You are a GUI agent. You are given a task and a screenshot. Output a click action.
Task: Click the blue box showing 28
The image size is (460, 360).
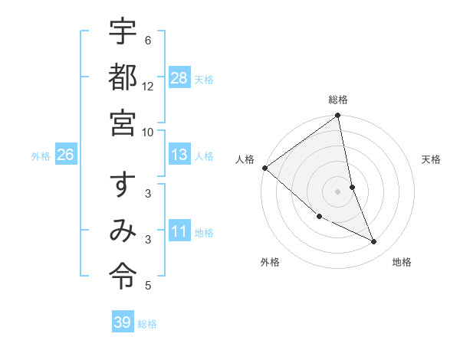179,77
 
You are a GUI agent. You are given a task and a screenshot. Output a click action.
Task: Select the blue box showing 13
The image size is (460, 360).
179,155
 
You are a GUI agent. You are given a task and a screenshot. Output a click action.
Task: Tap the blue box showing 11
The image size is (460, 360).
179,231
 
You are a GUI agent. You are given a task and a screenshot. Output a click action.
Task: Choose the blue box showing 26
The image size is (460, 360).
65,155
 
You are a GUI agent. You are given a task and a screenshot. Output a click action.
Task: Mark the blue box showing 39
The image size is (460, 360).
123,322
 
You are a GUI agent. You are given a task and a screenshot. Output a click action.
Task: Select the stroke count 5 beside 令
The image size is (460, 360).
148,286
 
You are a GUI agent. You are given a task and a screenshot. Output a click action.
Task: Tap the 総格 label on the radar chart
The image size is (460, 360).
338,100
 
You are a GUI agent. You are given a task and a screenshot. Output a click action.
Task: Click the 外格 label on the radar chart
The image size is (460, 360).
270,262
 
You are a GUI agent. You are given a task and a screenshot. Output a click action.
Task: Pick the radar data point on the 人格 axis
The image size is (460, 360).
264,168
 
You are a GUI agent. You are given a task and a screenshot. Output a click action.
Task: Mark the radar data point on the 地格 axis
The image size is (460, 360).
374,242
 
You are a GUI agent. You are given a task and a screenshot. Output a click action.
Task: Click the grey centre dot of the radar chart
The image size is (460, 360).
338,191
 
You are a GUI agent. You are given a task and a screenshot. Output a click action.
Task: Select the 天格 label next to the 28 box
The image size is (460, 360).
204,79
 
